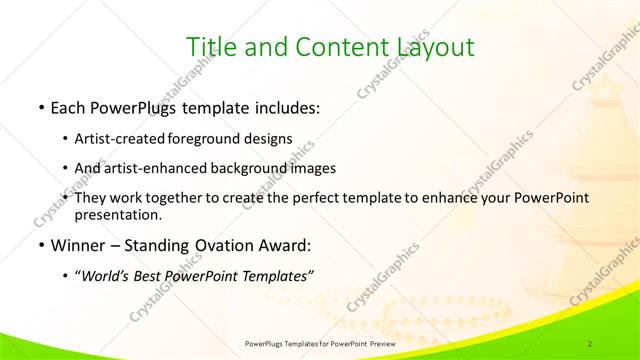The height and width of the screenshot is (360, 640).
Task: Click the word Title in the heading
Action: tap(213, 46)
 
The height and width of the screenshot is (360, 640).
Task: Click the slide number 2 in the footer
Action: tap(592, 343)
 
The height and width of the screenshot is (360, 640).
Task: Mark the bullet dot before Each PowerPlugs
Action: tap(39, 106)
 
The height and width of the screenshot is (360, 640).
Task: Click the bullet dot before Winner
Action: tap(39, 246)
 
